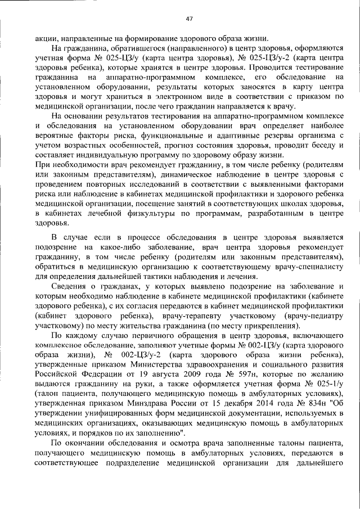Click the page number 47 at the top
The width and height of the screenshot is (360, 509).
(189, 19)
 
